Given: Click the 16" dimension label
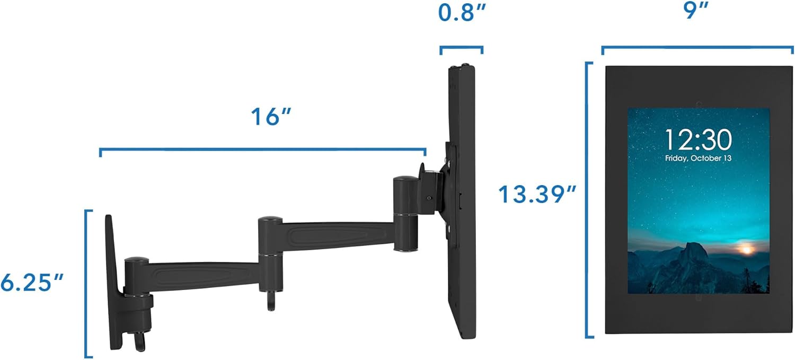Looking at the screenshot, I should [272, 117].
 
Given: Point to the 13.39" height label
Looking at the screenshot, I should [536, 195].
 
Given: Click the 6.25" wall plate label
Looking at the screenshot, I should [33, 283].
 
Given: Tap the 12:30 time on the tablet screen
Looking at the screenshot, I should [698, 140].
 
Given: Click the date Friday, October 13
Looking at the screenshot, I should [698, 159].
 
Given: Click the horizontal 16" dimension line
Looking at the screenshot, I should [262, 150].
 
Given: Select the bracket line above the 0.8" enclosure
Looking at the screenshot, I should [461, 48].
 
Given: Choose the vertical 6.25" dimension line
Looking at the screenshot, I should [86, 283].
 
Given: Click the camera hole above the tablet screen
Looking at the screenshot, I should [699, 103].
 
